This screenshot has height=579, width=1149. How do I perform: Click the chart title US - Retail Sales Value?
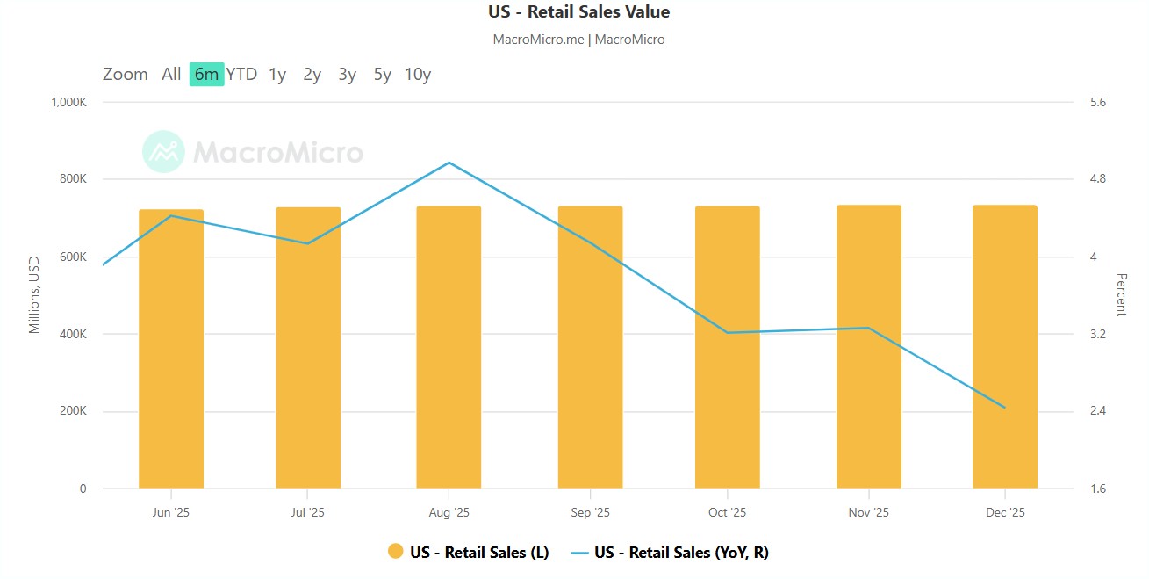tap(578, 12)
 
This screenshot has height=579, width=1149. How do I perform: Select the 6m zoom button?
tap(206, 75)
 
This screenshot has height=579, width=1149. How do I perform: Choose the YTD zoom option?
tap(241, 75)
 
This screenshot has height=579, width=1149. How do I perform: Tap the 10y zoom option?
tap(417, 75)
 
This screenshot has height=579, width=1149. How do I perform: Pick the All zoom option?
tap(171, 75)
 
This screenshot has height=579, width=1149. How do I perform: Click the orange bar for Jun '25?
tap(171, 351)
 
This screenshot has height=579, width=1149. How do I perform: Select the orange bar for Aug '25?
tap(449, 351)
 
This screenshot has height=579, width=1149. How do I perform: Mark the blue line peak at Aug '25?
tap(449, 163)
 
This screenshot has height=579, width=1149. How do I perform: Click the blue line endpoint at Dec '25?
tap(1004, 408)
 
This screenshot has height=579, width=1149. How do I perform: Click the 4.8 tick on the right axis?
tap(1097, 179)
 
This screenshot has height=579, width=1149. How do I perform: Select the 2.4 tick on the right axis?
tap(1097, 411)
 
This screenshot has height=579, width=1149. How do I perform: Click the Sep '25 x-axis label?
tap(590, 513)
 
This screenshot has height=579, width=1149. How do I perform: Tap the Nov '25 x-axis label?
tap(868, 513)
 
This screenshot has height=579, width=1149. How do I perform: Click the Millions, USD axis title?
tap(35, 295)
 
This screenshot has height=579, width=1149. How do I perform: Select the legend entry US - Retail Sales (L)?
tap(469, 552)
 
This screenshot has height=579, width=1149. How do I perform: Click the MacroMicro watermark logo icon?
tap(163, 152)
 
